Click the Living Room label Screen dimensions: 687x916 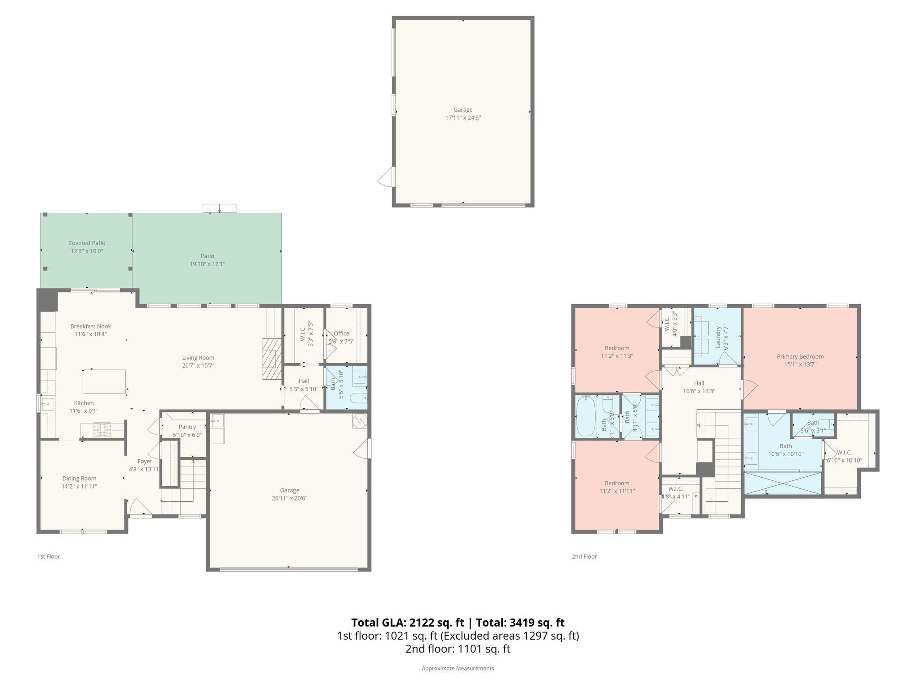point(198,357)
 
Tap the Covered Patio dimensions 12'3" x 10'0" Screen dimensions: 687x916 point(87,251)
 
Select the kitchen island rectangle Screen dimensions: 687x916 point(104,382)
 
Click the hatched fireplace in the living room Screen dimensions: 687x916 point(271,359)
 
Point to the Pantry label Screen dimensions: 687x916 point(187,427)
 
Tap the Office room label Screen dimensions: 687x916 point(341,333)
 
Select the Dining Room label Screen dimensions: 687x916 point(79,478)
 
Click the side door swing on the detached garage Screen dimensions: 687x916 point(386,178)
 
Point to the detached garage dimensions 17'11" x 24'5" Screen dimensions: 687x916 point(463,118)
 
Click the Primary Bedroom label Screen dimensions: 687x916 point(800,356)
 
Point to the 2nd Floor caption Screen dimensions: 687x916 point(584,556)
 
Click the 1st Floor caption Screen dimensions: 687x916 point(48,556)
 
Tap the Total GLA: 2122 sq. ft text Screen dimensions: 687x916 point(408,623)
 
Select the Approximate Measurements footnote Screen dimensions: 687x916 point(458,668)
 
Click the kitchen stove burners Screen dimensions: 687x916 point(102,430)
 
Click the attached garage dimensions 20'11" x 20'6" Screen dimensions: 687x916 point(289,498)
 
